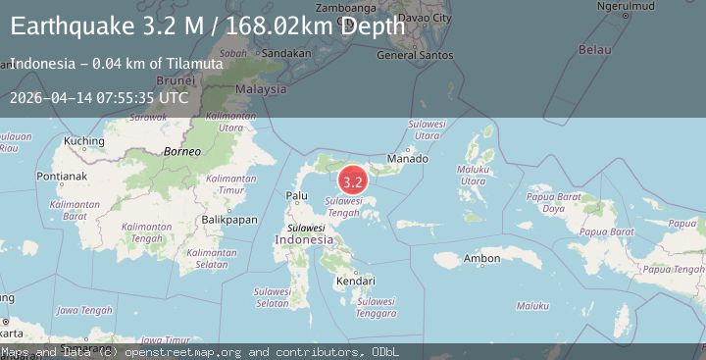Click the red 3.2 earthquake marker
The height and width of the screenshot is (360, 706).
pyautogui.click(x=353, y=181)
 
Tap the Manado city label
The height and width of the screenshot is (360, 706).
pyautogui.click(x=407, y=159)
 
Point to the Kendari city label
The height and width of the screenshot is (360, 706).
pyautogui.click(x=356, y=281)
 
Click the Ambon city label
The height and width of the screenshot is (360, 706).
pyautogui.click(x=482, y=259)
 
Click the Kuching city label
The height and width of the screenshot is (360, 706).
pyautogui.click(x=83, y=141)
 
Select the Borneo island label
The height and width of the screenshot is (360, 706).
pyautogui.click(x=181, y=152)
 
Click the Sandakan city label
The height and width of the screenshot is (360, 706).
pyautogui.click(x=287, y=53)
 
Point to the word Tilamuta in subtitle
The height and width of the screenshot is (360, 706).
pyautogui.click(x=194, y=64)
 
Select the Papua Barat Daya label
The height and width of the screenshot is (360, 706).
pyautogui.click(x=553, y=202)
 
